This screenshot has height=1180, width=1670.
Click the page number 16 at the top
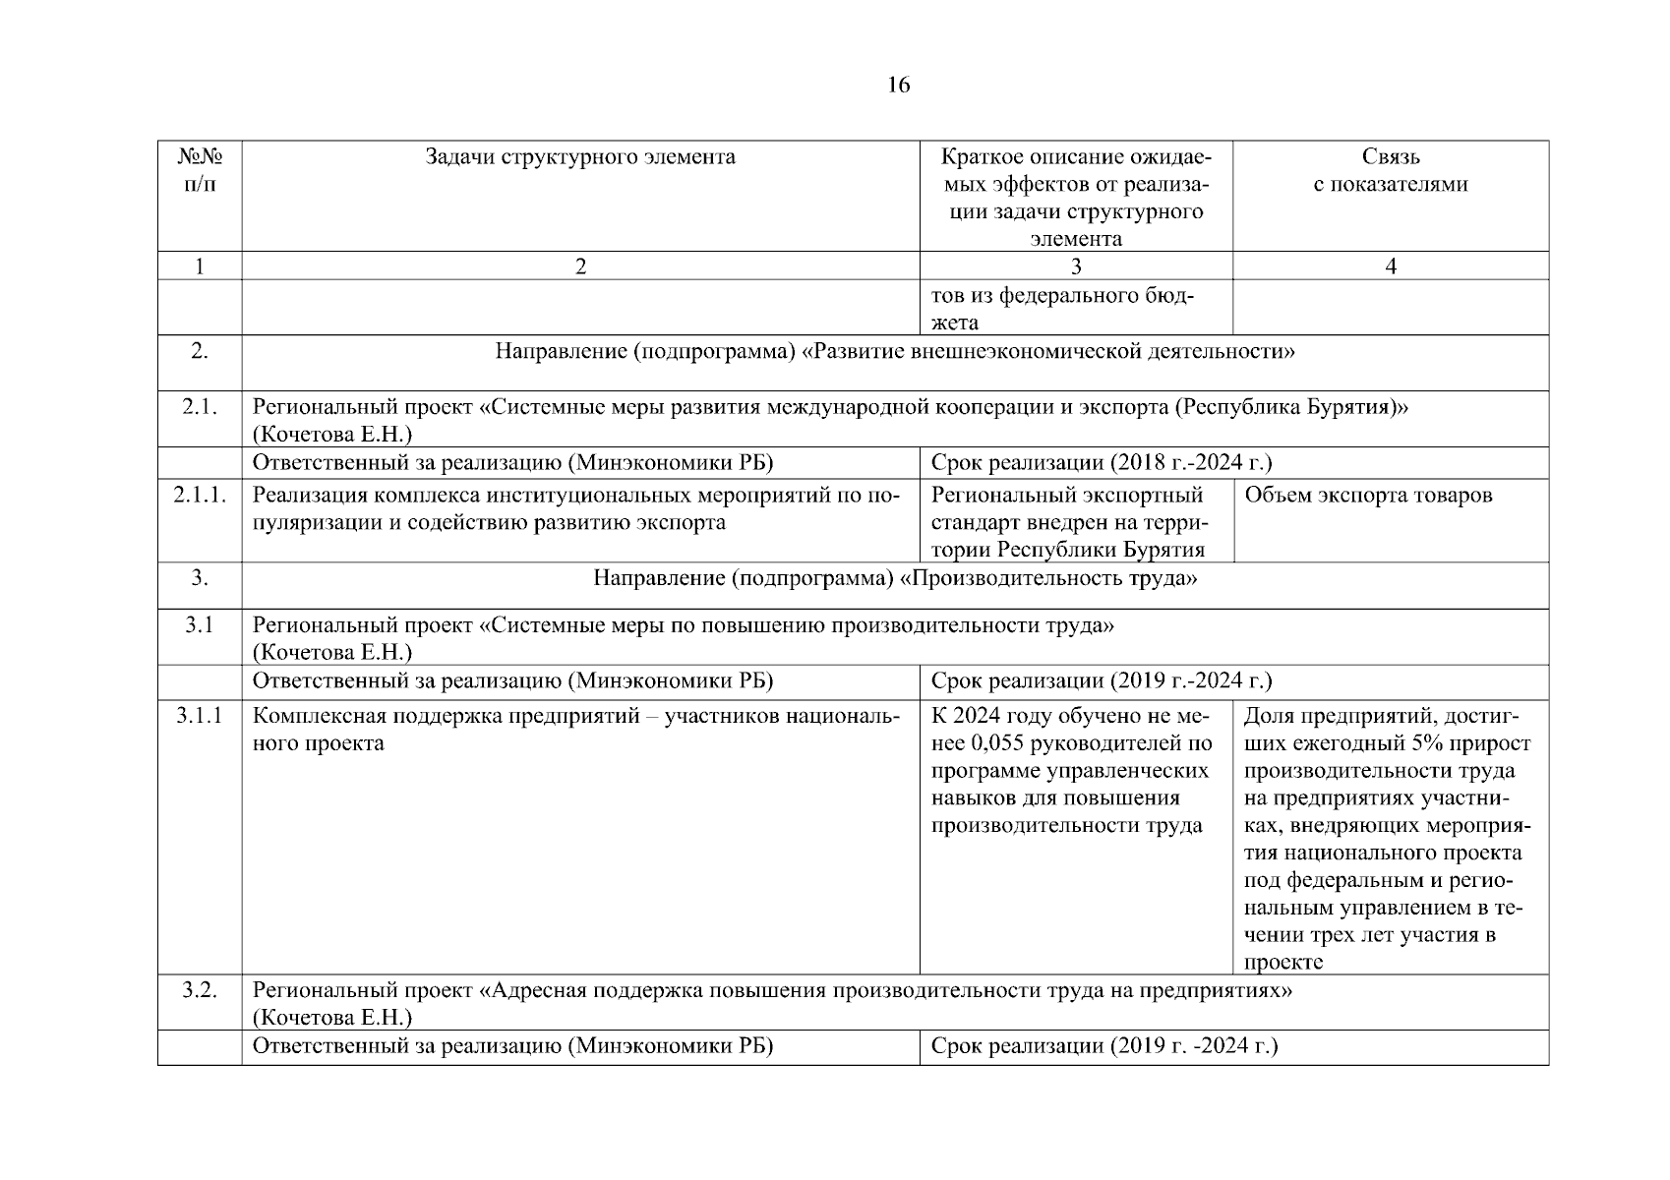pos(898,85)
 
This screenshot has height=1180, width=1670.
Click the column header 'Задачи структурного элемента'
pos(580,157)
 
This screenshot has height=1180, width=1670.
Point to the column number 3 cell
pos(1075,266)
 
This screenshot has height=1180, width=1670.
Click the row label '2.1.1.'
pos(200,495)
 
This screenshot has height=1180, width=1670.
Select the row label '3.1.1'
pos(200,716)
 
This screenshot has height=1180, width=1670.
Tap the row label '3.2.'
pos(200,990)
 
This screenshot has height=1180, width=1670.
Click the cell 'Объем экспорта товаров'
pos(1368,495)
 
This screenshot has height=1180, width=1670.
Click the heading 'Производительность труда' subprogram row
pos(895,578)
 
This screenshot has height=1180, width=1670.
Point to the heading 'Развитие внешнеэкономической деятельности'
pos(895,351)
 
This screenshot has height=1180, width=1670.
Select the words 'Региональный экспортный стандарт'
pos(1068,507)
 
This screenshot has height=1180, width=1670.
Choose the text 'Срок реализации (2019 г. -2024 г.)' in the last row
pos(1103,1046)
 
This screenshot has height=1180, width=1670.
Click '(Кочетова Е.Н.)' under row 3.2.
pos(331,1018)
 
